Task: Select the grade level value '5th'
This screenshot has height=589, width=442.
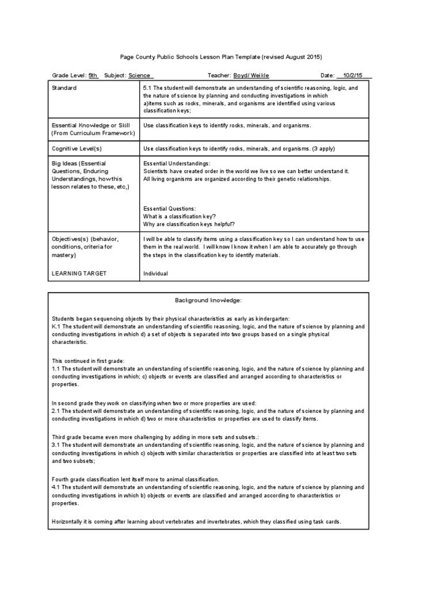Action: [x=93, y=75]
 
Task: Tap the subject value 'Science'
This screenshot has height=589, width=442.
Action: [x=140, y=75]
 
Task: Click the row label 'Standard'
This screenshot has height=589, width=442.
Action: [x=64, y=88]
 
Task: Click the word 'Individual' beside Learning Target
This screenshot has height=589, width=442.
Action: [x=155, y=273]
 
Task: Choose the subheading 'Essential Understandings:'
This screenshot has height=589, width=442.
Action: [x=177, y=163]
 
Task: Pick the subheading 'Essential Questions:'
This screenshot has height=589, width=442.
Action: [x=170, y=208]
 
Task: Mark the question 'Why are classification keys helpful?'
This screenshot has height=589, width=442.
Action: [x=189, y=224]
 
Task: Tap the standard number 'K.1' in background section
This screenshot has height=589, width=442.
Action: [x=56, y=326]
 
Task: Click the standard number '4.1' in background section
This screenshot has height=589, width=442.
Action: [x=56, y=487]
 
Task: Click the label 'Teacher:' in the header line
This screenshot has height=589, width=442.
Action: [x=219, y=75]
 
